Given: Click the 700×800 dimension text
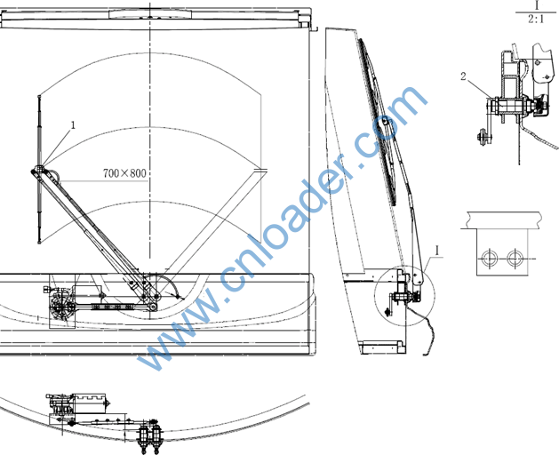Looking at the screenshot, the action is [x=124, y=173].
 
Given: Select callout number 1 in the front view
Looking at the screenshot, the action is [x=73, y=124].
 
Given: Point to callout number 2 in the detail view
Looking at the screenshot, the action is [x=463, y=76].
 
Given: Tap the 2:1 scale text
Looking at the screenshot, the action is [x=536, y=19].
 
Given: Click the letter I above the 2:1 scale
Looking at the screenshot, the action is [x=537, y=5].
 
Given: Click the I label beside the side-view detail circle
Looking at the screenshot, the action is [x=438, y=251].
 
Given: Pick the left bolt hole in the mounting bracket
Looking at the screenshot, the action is [x=489, y=258].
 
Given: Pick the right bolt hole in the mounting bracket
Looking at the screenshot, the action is [x=515, y=258].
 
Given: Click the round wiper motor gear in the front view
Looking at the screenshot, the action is [x=61, y=306].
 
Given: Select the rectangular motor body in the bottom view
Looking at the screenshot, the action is [x=89, y=403].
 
